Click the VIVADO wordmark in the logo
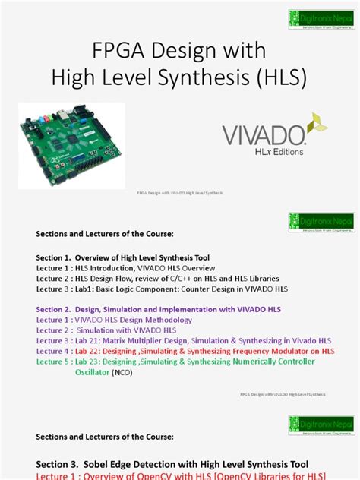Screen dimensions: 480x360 point(263,135)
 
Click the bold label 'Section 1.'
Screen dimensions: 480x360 point(58,257)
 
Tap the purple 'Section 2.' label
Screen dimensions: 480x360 point(58,309)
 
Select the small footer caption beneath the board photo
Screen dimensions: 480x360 point(179,194)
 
